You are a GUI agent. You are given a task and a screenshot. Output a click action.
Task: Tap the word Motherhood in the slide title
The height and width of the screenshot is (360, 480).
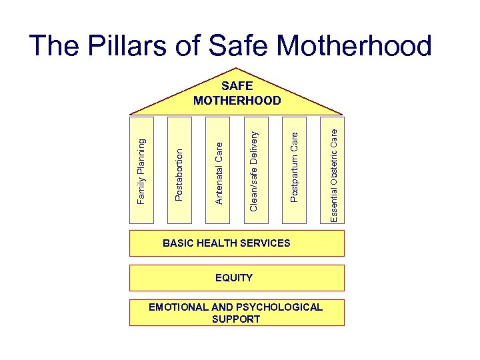[354, 46]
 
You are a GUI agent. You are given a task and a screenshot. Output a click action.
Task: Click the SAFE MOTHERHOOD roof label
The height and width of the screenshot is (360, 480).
[237, 93]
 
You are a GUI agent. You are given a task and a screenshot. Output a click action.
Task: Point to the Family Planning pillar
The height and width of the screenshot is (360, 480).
[141, 171]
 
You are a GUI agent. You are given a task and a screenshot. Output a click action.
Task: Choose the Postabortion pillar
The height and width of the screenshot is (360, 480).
[179, 171]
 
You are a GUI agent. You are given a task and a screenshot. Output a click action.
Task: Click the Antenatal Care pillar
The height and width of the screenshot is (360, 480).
[218, 171]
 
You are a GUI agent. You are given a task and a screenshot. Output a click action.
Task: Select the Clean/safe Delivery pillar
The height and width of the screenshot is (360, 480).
[255, 171]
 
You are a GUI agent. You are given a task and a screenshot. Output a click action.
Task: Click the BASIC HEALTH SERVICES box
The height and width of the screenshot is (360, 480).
[237, 243]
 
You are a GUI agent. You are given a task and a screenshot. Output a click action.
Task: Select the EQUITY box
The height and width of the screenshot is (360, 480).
[237, 278]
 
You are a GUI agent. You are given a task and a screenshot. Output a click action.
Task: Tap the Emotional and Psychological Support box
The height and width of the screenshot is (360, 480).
[237, 313]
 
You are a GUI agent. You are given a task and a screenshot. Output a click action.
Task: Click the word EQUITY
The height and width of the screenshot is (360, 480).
[234, 277]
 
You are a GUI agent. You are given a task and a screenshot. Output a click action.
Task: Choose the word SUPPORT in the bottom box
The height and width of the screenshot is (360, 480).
[236, 319]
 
